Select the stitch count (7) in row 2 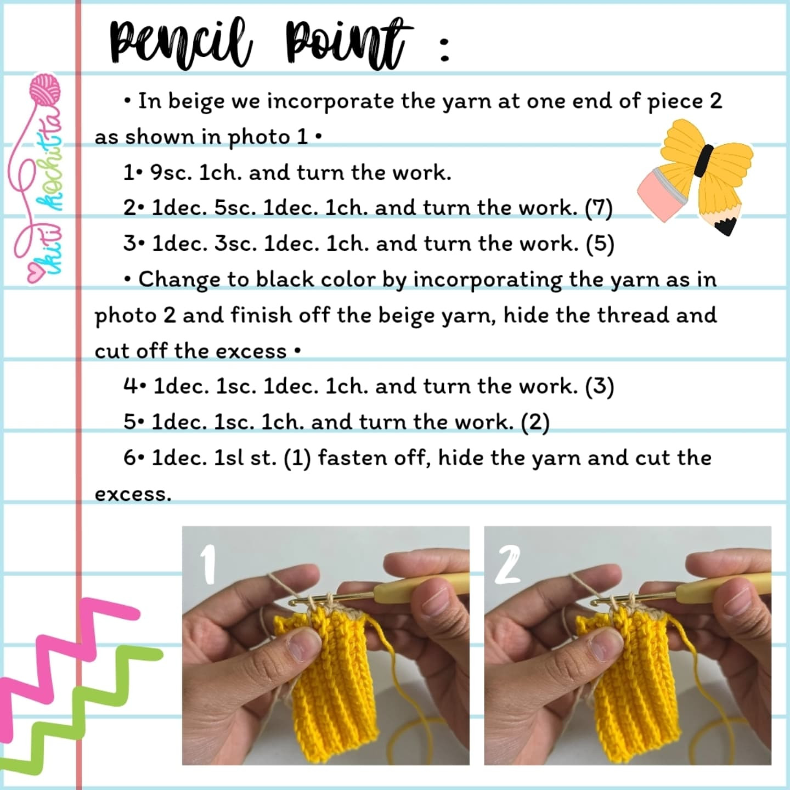click(x=599, y=208)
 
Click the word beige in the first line click(x=196, y=102)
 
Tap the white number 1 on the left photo click(x=207, y=565)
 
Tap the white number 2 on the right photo click(x=507, y=565)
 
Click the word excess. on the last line click(x=133, y=494)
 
